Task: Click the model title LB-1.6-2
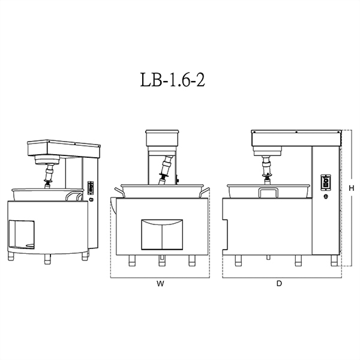pos(172,80)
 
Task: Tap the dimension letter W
pos(160,284)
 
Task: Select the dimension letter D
pos(279,284)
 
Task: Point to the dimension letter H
pos(351,188)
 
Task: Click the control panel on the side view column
pos(326,182)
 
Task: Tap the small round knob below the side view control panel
pos(326,197)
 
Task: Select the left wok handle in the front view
pos(119,192)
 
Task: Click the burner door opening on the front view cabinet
pos(162,235)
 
